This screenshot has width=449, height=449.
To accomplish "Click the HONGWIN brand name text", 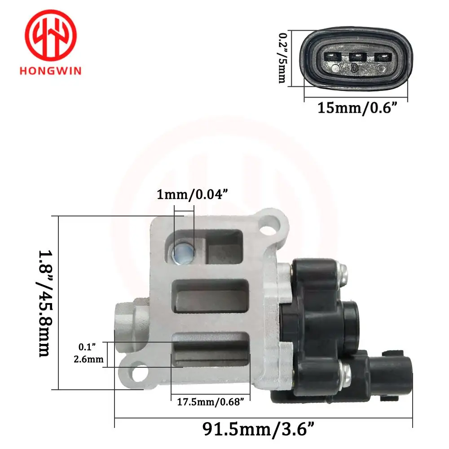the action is [x=51, y=70].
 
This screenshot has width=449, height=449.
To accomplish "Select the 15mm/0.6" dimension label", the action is [x=358, y=108].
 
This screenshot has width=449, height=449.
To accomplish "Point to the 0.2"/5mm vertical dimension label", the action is [x=283, y=58].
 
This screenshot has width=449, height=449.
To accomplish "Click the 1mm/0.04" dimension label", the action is [x=193, y=194].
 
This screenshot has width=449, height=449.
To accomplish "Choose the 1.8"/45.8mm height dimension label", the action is [x=45, y=303].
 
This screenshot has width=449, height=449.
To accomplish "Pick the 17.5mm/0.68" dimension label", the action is [x=211, y=402].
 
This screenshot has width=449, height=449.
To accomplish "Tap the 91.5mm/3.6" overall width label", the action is [x=258, y=429].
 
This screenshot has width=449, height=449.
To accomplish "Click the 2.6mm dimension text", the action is [x=88, y=359].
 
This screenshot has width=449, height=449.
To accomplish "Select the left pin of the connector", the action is [x=332, y=57].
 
